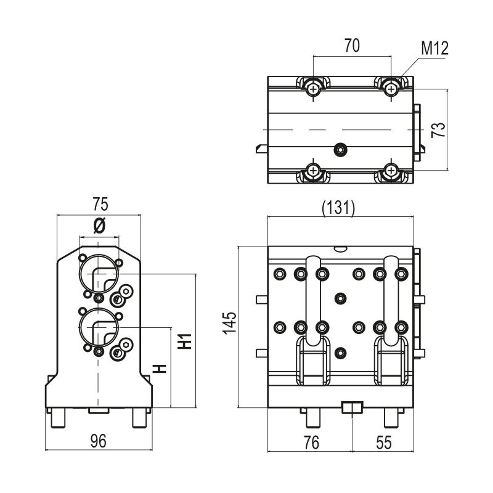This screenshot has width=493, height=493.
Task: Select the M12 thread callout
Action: click(435, 47)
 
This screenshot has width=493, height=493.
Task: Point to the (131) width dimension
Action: click(339, 208)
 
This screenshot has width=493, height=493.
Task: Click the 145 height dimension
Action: click(229, 322)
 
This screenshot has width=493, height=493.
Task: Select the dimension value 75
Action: click(100, 204)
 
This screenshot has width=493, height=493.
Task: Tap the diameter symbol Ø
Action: click(99, 226)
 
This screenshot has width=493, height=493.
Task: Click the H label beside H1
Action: click(160, 369)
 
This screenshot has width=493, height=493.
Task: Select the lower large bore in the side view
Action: click(98, 328)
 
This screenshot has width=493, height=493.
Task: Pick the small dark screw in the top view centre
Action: click(339, 149)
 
